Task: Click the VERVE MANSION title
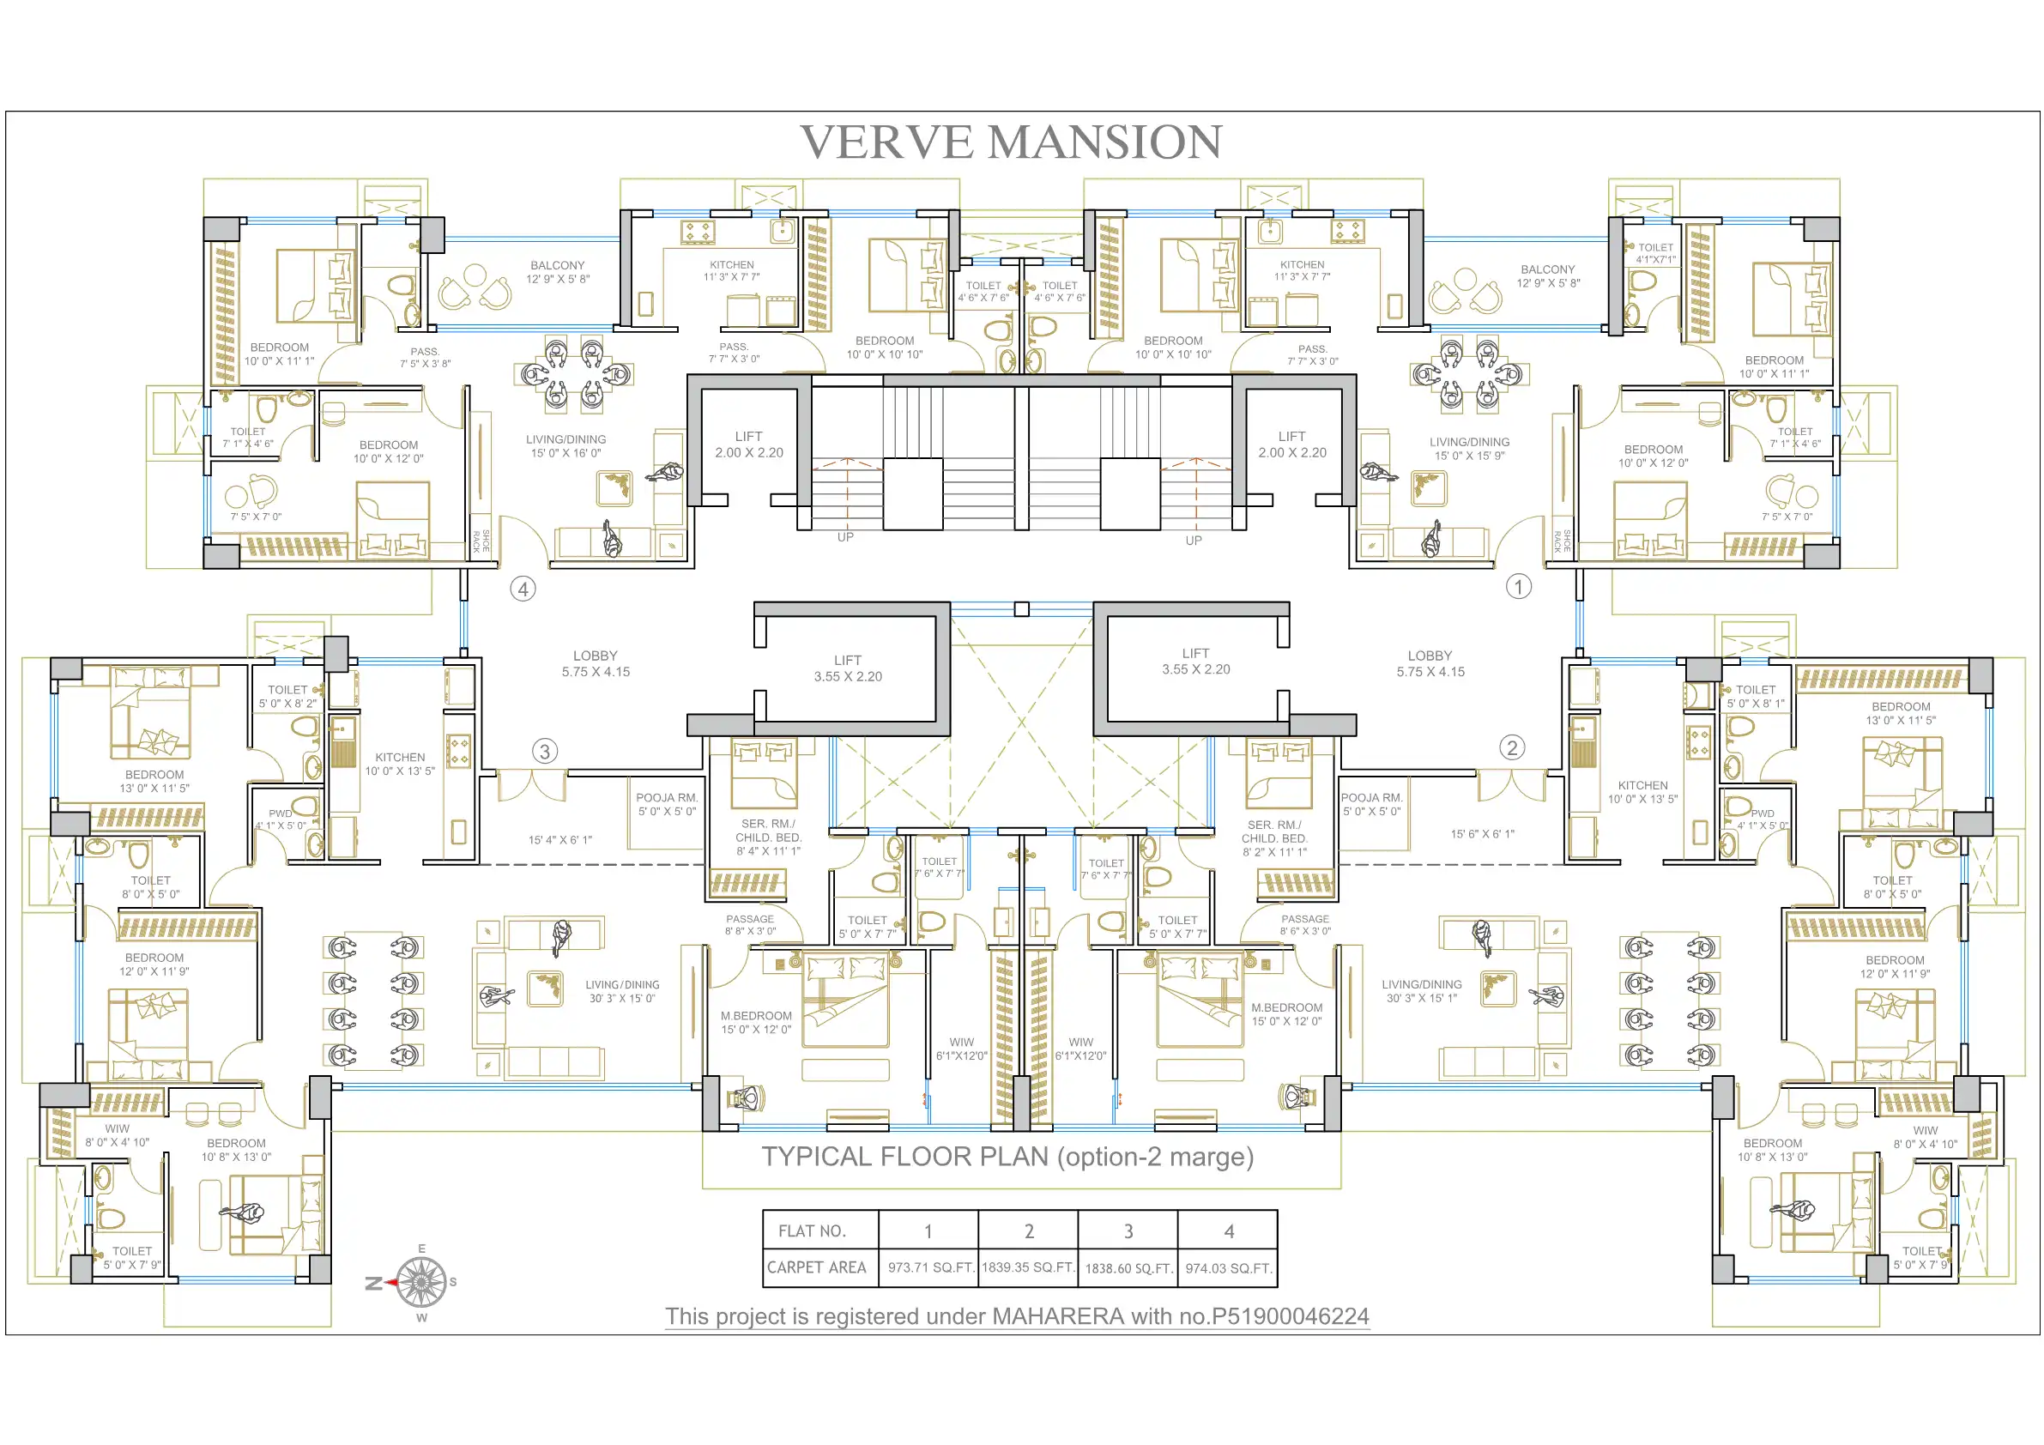1012,142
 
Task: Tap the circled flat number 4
523,589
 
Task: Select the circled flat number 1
1519,586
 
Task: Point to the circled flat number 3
545,751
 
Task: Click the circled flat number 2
1512,747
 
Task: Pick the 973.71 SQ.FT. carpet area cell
928,1267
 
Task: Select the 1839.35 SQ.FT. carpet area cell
1028,1267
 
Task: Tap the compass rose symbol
421,1282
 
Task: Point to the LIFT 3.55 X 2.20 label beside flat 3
848,668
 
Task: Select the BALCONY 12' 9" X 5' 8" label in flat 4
557,271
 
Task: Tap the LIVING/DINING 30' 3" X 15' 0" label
622,992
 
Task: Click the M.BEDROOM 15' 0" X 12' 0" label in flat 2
1286,1014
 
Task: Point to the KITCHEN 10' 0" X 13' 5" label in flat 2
1642,792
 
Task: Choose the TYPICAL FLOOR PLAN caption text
1007,1157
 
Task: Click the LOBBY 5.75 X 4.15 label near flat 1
1430,663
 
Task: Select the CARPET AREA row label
816,1267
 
